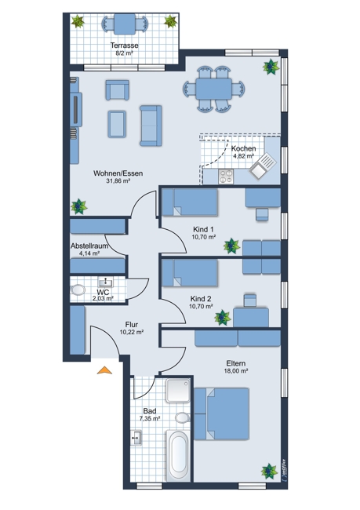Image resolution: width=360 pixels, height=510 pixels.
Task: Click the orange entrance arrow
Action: (104, 370)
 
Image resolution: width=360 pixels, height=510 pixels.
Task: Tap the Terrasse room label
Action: (124, 46)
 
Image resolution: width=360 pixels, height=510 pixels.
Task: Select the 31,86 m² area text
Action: (118, 181)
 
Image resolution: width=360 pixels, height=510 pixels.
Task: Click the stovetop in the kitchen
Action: (226, 177)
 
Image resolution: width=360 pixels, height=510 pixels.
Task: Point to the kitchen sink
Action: (263, 166)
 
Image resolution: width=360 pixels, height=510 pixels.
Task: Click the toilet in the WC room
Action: (78, 290)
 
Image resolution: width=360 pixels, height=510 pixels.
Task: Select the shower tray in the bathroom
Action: (178, 390)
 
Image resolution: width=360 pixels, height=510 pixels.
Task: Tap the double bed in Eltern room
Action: (222, 413)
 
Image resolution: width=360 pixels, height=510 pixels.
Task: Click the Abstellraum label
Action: (89, 246)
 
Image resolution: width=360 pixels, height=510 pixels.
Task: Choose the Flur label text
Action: (132, 325)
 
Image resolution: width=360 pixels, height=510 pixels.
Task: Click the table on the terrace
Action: (125, 24)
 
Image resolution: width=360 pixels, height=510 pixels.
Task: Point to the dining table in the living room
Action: (213, 89)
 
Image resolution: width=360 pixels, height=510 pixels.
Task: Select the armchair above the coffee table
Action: (117, 90)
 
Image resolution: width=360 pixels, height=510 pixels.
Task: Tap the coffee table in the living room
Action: (117, 124)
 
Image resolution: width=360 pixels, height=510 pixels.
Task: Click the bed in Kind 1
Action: (191, 202)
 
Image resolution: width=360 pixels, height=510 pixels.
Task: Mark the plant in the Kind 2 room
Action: (223, 318)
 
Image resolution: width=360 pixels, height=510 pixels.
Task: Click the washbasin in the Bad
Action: (136, 438)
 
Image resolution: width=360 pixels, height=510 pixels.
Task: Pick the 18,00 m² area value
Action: (236, 371)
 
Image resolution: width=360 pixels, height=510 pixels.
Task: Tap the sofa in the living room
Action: (151, 126)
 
